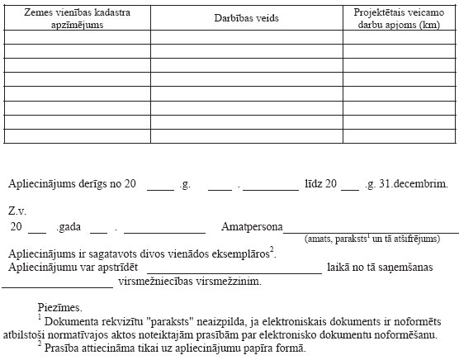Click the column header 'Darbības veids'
[x=246, y=18]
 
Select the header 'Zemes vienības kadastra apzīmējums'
[x=76, y=18]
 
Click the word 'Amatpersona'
[x=252, y=226]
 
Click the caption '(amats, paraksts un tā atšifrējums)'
[x=371, y=239]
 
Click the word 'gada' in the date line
[x=69, y=226]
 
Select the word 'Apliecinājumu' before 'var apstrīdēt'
[x=46, y=268]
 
